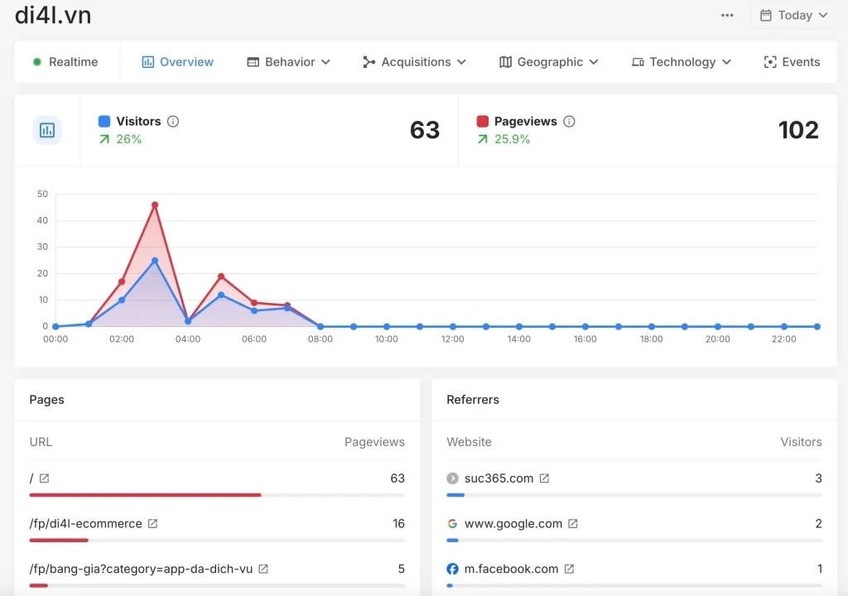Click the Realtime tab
click(65, 62)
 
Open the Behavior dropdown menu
click(289, 62)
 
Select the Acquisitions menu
click(415, 62)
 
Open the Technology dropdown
click(682, 62)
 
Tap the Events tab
click(792, 62)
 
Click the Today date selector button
click(793, 15)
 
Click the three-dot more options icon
click(727, 15)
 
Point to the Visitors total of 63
click(425, 130)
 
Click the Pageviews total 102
click(798, 130)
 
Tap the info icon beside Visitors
click(173, 122)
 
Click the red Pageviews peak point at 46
click(155, 204)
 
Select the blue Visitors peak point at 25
click(155, 261)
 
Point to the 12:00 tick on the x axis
click(452, 339)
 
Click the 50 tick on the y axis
click(42, 195)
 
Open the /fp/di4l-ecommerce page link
click(86, 524)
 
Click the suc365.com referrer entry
click(499, 478)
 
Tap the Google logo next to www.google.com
click(452, 524)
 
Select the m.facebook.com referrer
click(511, 570)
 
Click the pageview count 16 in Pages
click(398, 524)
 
